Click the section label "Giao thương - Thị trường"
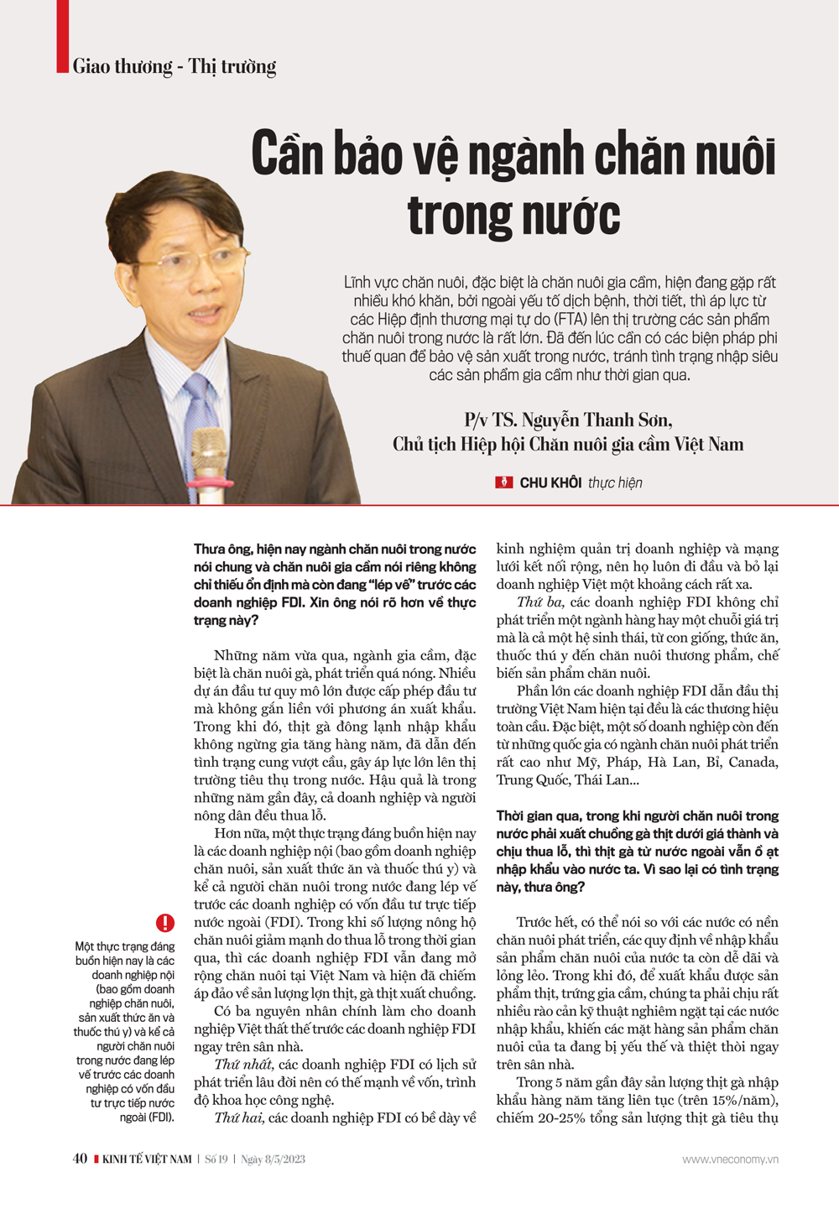pos(174,66)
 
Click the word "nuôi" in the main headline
pos(732,155)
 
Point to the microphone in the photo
pos(207,458)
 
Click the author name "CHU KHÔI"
pos(550,482)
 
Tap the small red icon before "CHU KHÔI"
pos(504,482)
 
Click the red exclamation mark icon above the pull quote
pos(165,923)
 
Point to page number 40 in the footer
pos(80,1159)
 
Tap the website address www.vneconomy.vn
pos(730,1159)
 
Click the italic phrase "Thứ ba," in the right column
pos(541,602)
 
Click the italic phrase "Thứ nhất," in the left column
pos(243,1065)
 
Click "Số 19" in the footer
pos(216,1159)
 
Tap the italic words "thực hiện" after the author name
pos(615,482)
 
